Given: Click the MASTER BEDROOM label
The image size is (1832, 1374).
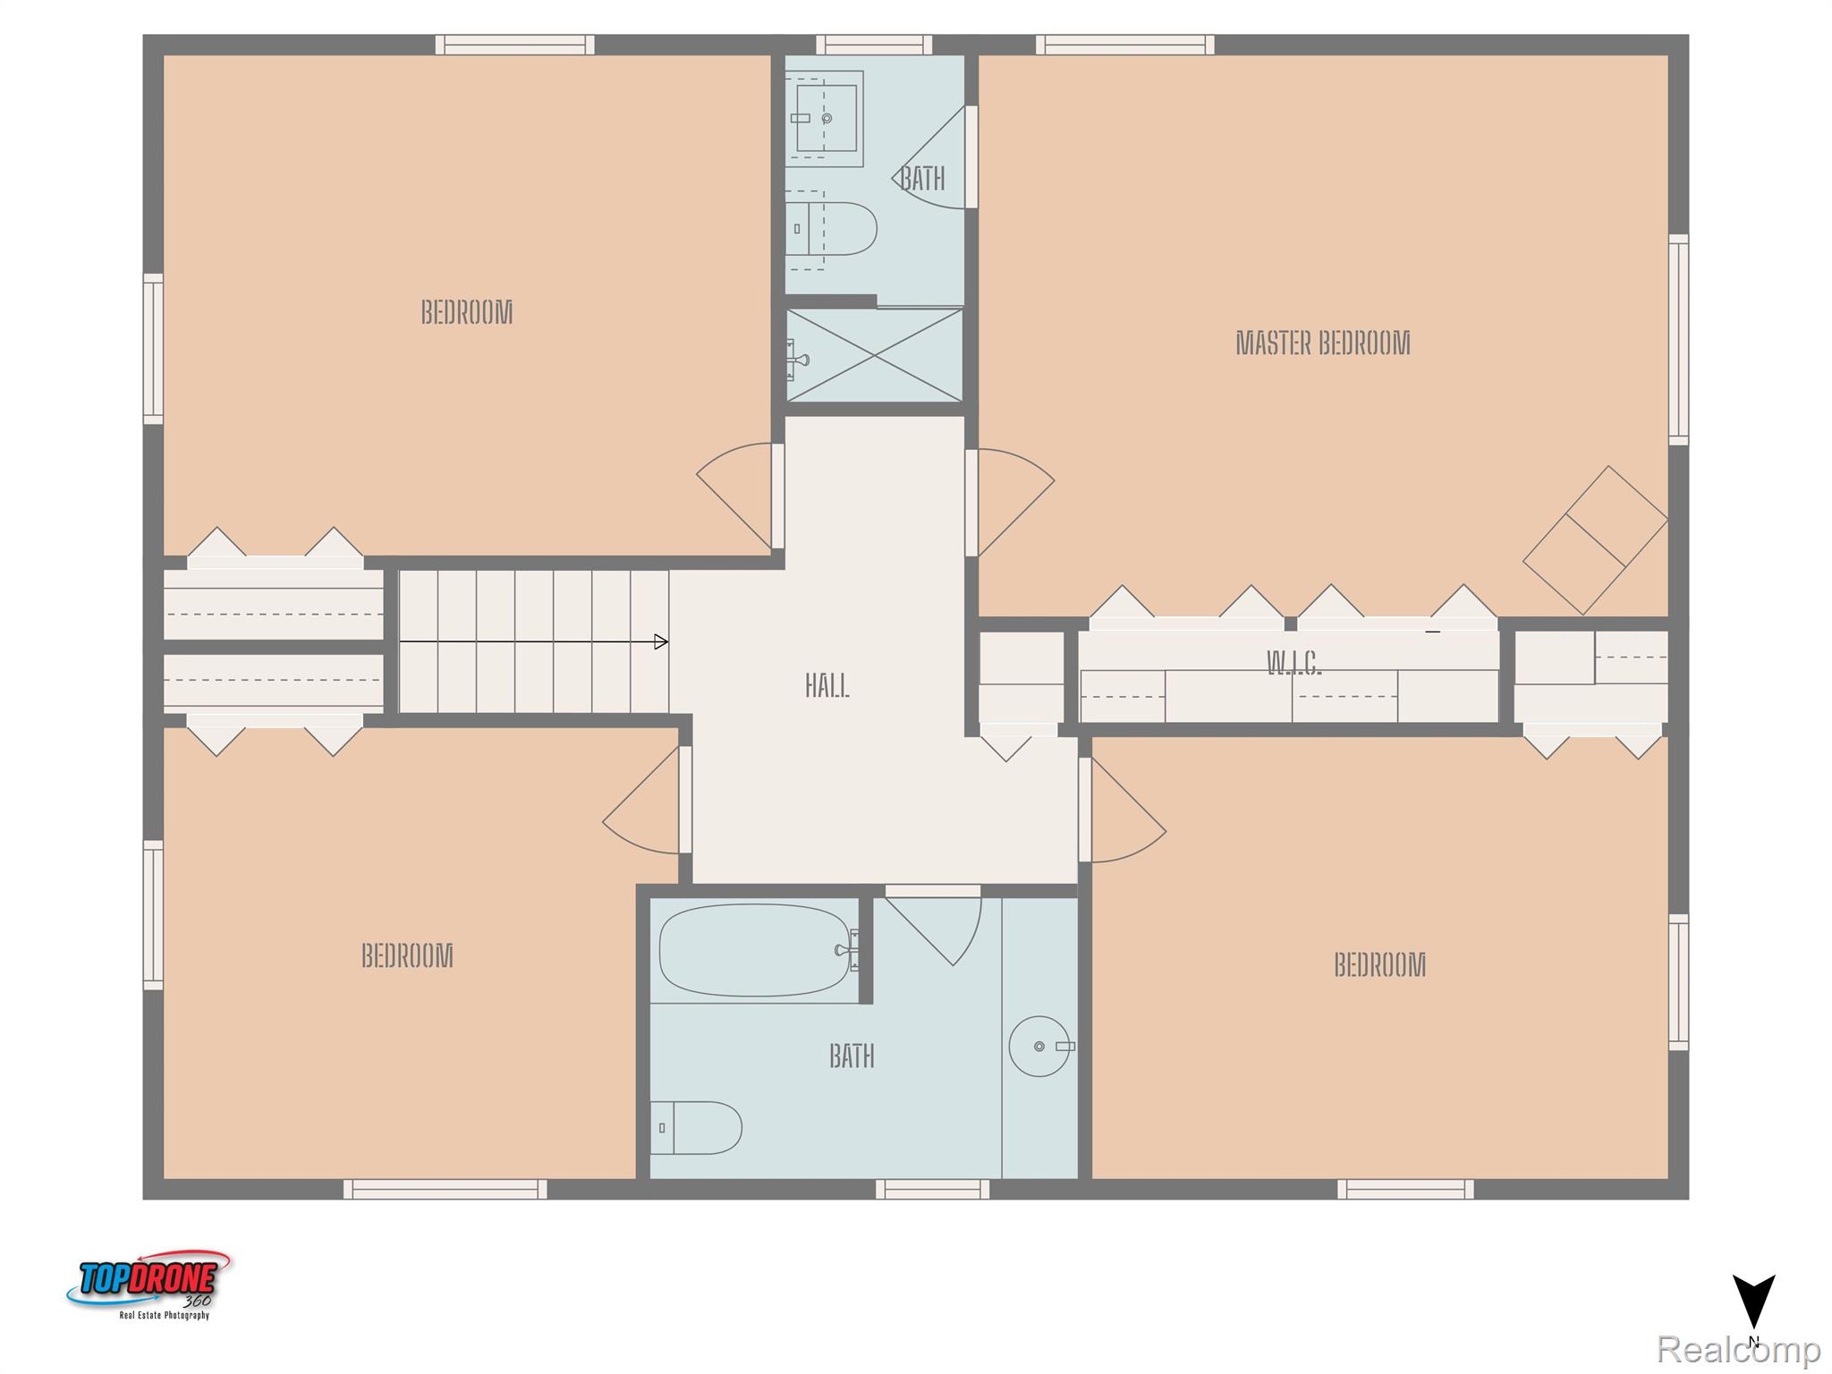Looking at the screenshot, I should point(1322,343).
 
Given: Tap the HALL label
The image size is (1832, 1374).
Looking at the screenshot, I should point(827,686).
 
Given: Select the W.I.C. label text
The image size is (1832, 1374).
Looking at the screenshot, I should point(1293,663).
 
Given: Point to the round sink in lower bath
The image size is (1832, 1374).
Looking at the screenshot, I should point(1039,1046).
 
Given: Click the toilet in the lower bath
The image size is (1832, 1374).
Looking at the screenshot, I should point(698,1127).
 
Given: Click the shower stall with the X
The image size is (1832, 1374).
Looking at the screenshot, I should point(874,355).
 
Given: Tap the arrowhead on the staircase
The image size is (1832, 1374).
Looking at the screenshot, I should point(660,641).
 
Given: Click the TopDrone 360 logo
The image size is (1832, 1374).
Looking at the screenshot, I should point(149,1285).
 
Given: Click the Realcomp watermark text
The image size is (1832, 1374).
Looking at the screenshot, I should point(1738,1349).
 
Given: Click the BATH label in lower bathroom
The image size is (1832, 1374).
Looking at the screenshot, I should point(851,1056).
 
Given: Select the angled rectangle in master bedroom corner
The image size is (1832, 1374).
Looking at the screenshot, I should point(1595,539).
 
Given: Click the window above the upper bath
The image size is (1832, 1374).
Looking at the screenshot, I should point(873,44).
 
